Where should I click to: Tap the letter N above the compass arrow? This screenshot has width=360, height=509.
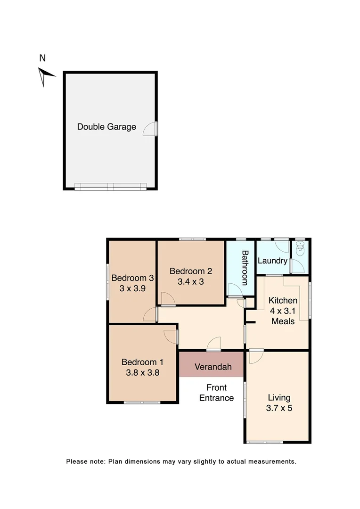point(42,58)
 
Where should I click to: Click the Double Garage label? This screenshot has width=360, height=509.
point(106,127)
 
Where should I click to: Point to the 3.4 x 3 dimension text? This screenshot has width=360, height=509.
point(191,282)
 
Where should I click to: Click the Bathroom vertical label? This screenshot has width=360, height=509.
point(245,268)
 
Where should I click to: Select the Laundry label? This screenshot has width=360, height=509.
point(272,261)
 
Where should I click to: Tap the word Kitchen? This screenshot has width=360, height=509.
point(283,300)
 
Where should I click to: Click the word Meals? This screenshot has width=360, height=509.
point(283,321)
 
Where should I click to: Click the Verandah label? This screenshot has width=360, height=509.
point(213,367)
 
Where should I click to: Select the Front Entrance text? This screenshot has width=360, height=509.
point(216,393)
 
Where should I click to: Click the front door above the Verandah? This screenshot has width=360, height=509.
point(214,345)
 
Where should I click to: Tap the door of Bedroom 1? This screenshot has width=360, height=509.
point(172,337)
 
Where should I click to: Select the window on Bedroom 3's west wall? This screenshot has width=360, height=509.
point(108,281)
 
